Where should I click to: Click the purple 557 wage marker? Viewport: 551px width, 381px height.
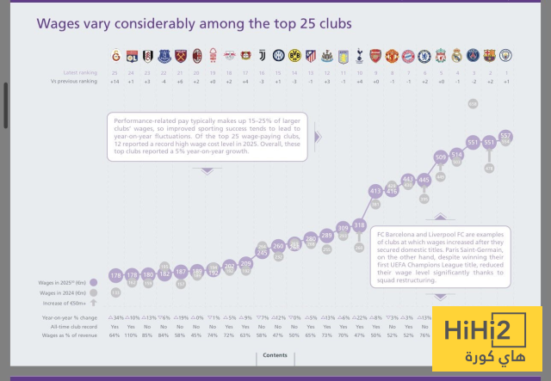click(506, 136)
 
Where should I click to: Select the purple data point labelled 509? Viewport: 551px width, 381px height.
click(441, 157)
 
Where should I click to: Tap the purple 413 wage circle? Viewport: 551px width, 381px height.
click(375, 190)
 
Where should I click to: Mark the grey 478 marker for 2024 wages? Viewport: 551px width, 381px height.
click(490, 169)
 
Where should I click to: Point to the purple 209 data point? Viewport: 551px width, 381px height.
click(245, 264)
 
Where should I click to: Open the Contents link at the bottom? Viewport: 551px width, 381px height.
click(275, 355)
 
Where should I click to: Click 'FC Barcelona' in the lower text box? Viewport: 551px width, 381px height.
click(394, 234)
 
